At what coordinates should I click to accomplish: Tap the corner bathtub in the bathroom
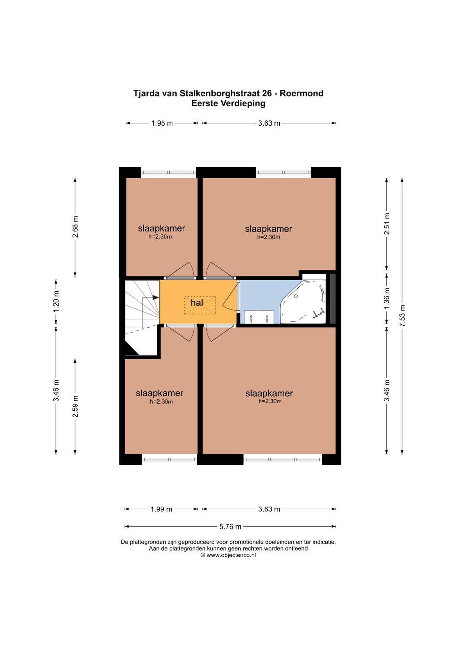[x=303, y=302]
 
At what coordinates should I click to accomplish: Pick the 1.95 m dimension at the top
[x=162, y=123]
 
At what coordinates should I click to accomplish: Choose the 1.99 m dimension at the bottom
[x=162, y=509]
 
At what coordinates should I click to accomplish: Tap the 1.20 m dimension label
[x=56, y=301]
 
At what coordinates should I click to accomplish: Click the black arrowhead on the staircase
[x=155, y=297]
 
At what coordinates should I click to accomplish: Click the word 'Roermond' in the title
[x=301, y=93]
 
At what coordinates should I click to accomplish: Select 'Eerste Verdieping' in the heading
[x=228, y=103]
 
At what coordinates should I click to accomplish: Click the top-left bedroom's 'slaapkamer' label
[x=162, y=228]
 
